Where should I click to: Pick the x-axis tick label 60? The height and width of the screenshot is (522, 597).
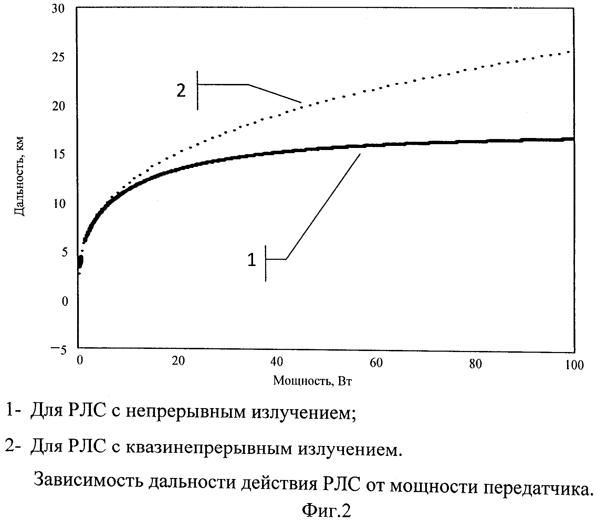[x=377, y=363]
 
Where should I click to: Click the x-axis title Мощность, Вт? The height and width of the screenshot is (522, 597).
[x=313, y=381]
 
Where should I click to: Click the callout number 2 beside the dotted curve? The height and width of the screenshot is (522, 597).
[x=181, y=91]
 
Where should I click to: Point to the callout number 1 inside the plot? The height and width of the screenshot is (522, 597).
[x=252, y=260]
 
